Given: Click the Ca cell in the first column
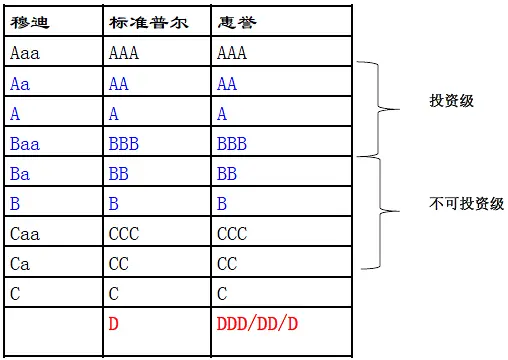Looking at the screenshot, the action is coord(19,264).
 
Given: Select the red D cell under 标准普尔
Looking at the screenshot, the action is coord(113,324).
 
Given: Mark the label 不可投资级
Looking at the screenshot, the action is coord(460,204).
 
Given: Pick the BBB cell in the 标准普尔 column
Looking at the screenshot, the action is coord(123,144).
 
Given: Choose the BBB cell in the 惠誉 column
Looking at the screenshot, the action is coord(233,144).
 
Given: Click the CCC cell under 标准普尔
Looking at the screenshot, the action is coord(123,234).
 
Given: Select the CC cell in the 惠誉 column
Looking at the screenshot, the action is coord(228,264).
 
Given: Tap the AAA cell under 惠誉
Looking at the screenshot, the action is coord(233,53).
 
